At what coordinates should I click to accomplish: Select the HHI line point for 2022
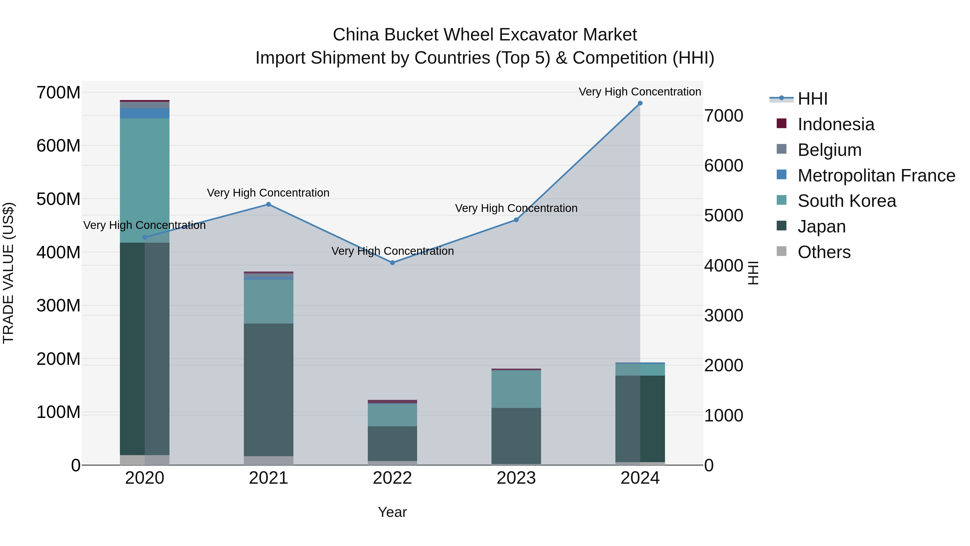click(x=392, y=263)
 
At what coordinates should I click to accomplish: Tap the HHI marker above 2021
click(x=268, y=204)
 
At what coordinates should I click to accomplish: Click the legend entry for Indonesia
click(x=836, y=124)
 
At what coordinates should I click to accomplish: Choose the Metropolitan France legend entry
click(x=876, y=176)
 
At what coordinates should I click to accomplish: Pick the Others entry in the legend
click(x=824, y=252)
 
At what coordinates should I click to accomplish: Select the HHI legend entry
click(x=812, y=99)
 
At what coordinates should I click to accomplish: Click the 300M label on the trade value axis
click(x=58, y=305)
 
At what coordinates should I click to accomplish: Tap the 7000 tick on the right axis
click(x=724, y=116)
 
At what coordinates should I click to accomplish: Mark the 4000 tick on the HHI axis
click(x=724, y=266)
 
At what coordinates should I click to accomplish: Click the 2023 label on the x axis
click(x=516, y=478)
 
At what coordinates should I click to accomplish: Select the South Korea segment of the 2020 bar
click(x=145, y=181)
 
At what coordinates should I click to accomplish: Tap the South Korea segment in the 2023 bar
click(x=516, y=389)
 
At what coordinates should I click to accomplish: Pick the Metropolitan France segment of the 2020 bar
click(x=145, y=113)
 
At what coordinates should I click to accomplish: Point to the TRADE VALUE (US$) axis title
click(x=8, y=273)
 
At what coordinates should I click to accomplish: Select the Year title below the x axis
click(x=392, y=512)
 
